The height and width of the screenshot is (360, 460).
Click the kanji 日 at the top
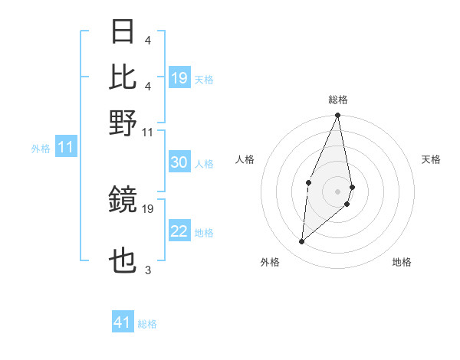coord(123,31)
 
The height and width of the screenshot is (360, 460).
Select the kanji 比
coord(123,77)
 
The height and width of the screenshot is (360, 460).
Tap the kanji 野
coord(123,122)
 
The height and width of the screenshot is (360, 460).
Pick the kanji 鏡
coord(123,200)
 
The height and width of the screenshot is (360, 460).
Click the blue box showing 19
coord(179,78)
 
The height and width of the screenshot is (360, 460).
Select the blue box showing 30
coord(179,163)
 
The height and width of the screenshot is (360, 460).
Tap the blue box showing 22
coord(179,232)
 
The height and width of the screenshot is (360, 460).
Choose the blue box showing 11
coord(65,148)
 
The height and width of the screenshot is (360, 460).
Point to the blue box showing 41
coord(123,323)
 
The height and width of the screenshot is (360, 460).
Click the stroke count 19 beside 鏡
coord(148,208)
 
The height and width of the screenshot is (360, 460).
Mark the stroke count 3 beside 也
coord(147,270)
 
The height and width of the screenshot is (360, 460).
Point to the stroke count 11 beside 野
coord(148,131)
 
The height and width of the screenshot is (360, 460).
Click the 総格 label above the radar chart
coord(338,100)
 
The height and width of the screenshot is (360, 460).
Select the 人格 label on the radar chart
coord(245,159)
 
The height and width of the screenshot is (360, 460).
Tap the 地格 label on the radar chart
coord(402,262)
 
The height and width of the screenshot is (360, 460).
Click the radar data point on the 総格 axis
coord(337,116)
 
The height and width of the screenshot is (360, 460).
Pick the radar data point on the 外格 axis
coord(302,242)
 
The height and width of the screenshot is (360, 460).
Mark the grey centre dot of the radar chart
coord(337,190)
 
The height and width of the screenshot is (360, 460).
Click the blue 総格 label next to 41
coord(147,324)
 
